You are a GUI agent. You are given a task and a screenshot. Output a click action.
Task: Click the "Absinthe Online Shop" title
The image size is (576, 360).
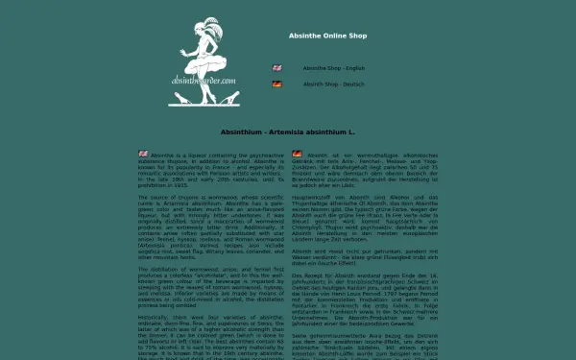coord(327,36)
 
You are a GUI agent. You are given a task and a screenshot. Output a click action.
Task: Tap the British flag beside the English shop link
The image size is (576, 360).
coord(277,68)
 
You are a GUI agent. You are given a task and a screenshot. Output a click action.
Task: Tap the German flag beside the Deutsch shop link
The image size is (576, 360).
coord(277,84)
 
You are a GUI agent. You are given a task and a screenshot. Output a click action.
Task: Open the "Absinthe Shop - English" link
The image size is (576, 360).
coord(334,68)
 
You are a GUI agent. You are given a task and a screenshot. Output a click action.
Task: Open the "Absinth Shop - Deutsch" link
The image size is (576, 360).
coord(334,84)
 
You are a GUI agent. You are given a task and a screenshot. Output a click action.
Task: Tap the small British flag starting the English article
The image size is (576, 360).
coord(143,154)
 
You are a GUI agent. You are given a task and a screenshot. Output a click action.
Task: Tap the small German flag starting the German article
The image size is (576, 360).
coord(298,154)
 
